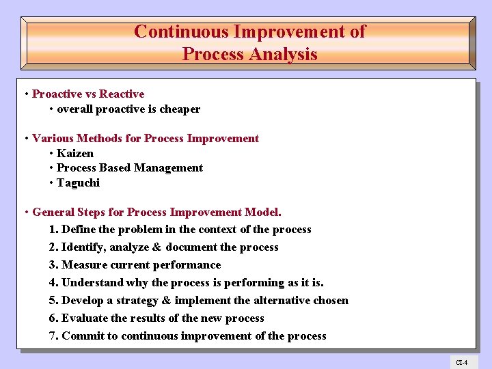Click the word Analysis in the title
coord(285,54)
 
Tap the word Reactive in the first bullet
coord(122,94)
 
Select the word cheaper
coord(180,109)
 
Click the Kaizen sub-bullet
coord(75,153)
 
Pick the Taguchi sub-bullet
coord(78,182)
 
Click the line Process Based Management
coord(130,167)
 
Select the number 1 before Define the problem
coord(53,230)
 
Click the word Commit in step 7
coord(82,336)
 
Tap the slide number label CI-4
coord(462,361)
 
